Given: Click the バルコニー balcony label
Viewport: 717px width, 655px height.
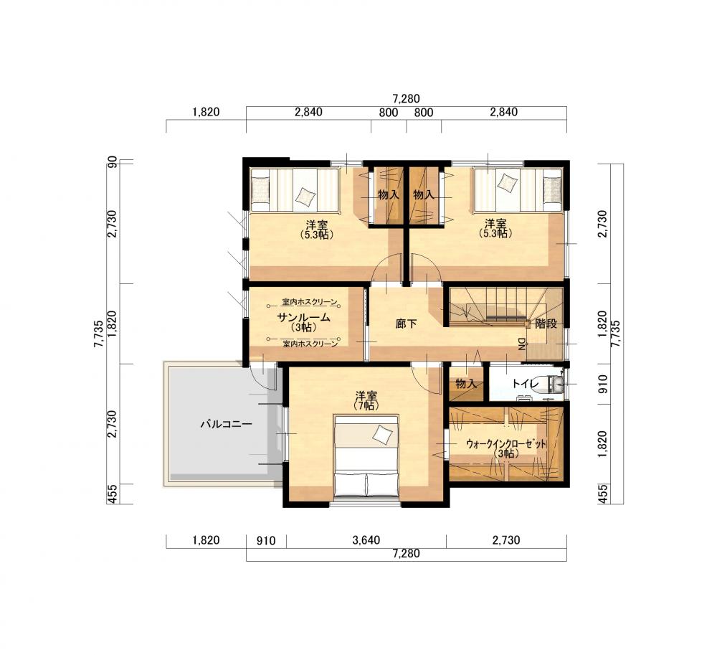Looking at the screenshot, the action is [226, 424].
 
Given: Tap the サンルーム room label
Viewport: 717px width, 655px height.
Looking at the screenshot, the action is [303, 317].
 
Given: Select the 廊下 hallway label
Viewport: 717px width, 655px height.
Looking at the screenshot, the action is [406, 324].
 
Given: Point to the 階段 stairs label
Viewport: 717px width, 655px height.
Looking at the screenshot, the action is [546, 324].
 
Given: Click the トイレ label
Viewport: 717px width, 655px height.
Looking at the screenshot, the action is [526, 384].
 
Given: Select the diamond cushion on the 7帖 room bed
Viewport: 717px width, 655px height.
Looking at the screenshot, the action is [382, 433].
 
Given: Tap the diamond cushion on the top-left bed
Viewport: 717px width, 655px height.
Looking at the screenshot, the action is [305, 197].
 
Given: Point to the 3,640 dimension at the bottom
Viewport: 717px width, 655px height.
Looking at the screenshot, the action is [366, 540].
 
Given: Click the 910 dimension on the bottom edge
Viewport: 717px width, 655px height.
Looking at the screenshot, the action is [266, 541].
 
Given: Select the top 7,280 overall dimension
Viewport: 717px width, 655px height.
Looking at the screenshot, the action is [406, 99].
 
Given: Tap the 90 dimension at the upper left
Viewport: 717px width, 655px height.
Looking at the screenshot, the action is [113, 162].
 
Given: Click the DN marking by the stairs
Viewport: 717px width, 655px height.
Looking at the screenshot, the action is [522, 344].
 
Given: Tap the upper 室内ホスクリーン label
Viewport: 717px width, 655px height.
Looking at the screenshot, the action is [310, 302].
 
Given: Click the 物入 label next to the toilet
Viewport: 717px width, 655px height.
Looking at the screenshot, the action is [466, 384].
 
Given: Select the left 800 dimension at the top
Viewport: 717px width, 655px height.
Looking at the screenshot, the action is [388, 113].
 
